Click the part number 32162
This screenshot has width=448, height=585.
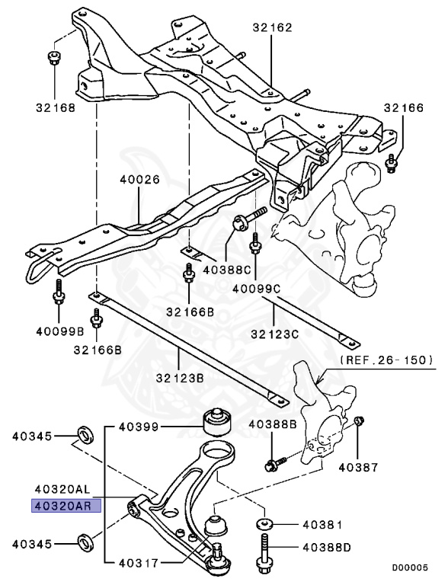pyautogui.click(x=272, y=27)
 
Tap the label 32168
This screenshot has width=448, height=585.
pyautogui.click(x=56, y=108)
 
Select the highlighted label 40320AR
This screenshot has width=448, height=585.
pyautogui.click(x=66, y=507)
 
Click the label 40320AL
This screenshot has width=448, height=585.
pyautogui.click(x=62, y=489)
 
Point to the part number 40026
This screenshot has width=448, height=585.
pyautogui.click(x=139, y=180)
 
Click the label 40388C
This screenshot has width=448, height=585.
pyautogui.click(x=227, y=270)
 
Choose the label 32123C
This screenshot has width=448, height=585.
pyautogui.click(x=275, y=334)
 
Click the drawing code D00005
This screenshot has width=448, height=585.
pyautogui.click(x=410, y=567)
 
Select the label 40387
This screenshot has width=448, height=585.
pyautogui.click(x=358, y=467)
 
